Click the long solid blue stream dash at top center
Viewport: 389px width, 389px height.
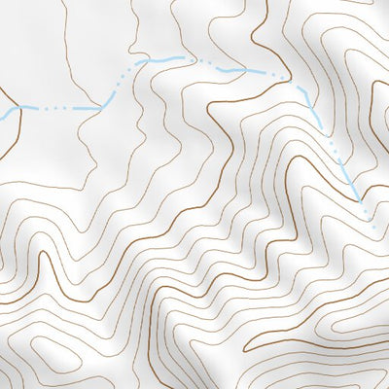tap(161, 60)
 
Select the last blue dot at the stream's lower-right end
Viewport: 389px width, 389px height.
tap(373, 228)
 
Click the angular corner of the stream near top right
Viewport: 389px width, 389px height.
tap(308, 90)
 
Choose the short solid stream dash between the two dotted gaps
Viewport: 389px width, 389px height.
tap(234, 70)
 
